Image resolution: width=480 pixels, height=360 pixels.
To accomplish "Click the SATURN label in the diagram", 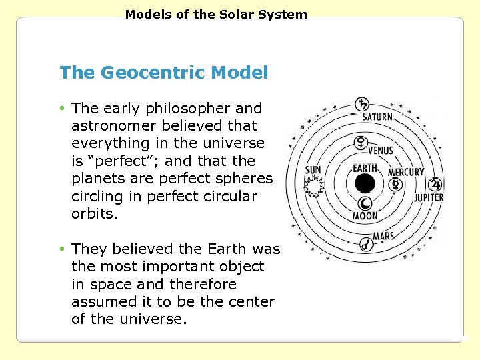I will [377, 117].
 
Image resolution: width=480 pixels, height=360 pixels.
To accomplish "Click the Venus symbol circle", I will [362, 142].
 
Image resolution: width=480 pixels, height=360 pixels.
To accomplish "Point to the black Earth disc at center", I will [365, 183].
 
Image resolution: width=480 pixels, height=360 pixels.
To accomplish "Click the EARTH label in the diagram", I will [365, 168].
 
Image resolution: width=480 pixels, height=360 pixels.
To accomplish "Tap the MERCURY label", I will [405, 172].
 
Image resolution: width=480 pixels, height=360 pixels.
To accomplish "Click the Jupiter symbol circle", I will [435, 185].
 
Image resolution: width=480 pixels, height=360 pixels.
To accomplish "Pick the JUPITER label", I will [429, 198].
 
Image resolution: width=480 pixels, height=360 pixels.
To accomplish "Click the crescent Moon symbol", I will [365, 203].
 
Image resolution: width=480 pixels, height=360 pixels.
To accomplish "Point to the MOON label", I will [365, 216].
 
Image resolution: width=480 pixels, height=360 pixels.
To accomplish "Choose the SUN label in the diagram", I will [313, 170].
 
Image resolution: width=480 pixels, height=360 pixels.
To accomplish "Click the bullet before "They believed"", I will [62, 249].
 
